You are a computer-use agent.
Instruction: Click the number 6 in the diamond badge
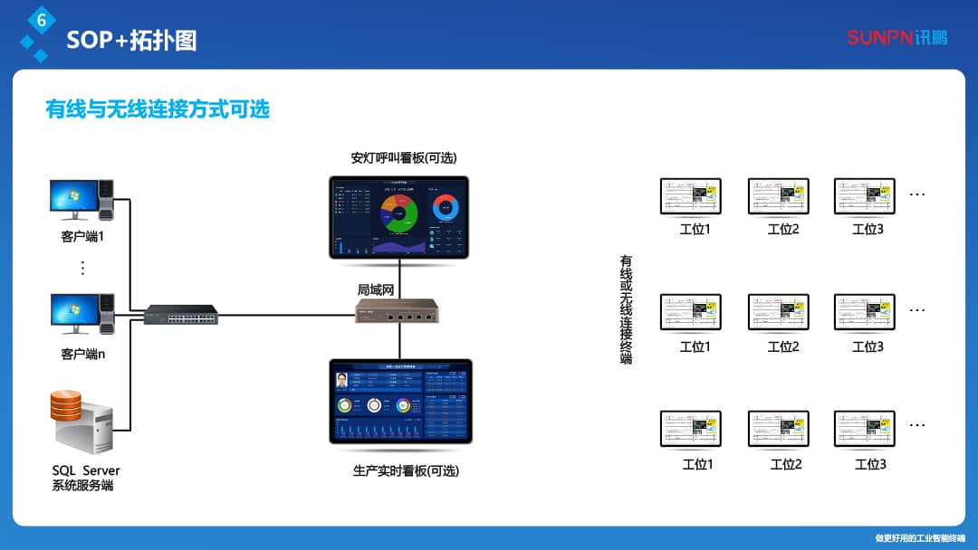41,19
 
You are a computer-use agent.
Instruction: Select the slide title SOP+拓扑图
131,41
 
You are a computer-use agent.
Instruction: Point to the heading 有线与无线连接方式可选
158,109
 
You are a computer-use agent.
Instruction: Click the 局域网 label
377,289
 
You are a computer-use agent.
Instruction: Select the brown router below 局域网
398,312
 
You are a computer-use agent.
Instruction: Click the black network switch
181,316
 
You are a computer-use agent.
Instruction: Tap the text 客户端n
83,354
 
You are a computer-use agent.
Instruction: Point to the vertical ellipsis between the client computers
82,268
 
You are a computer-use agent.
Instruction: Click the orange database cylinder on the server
65,404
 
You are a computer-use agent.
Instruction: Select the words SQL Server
86,470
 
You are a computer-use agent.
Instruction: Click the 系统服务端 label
83,486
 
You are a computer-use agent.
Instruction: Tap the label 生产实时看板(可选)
406,470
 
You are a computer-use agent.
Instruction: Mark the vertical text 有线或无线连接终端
626,308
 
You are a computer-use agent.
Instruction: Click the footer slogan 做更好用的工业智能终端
919,538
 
